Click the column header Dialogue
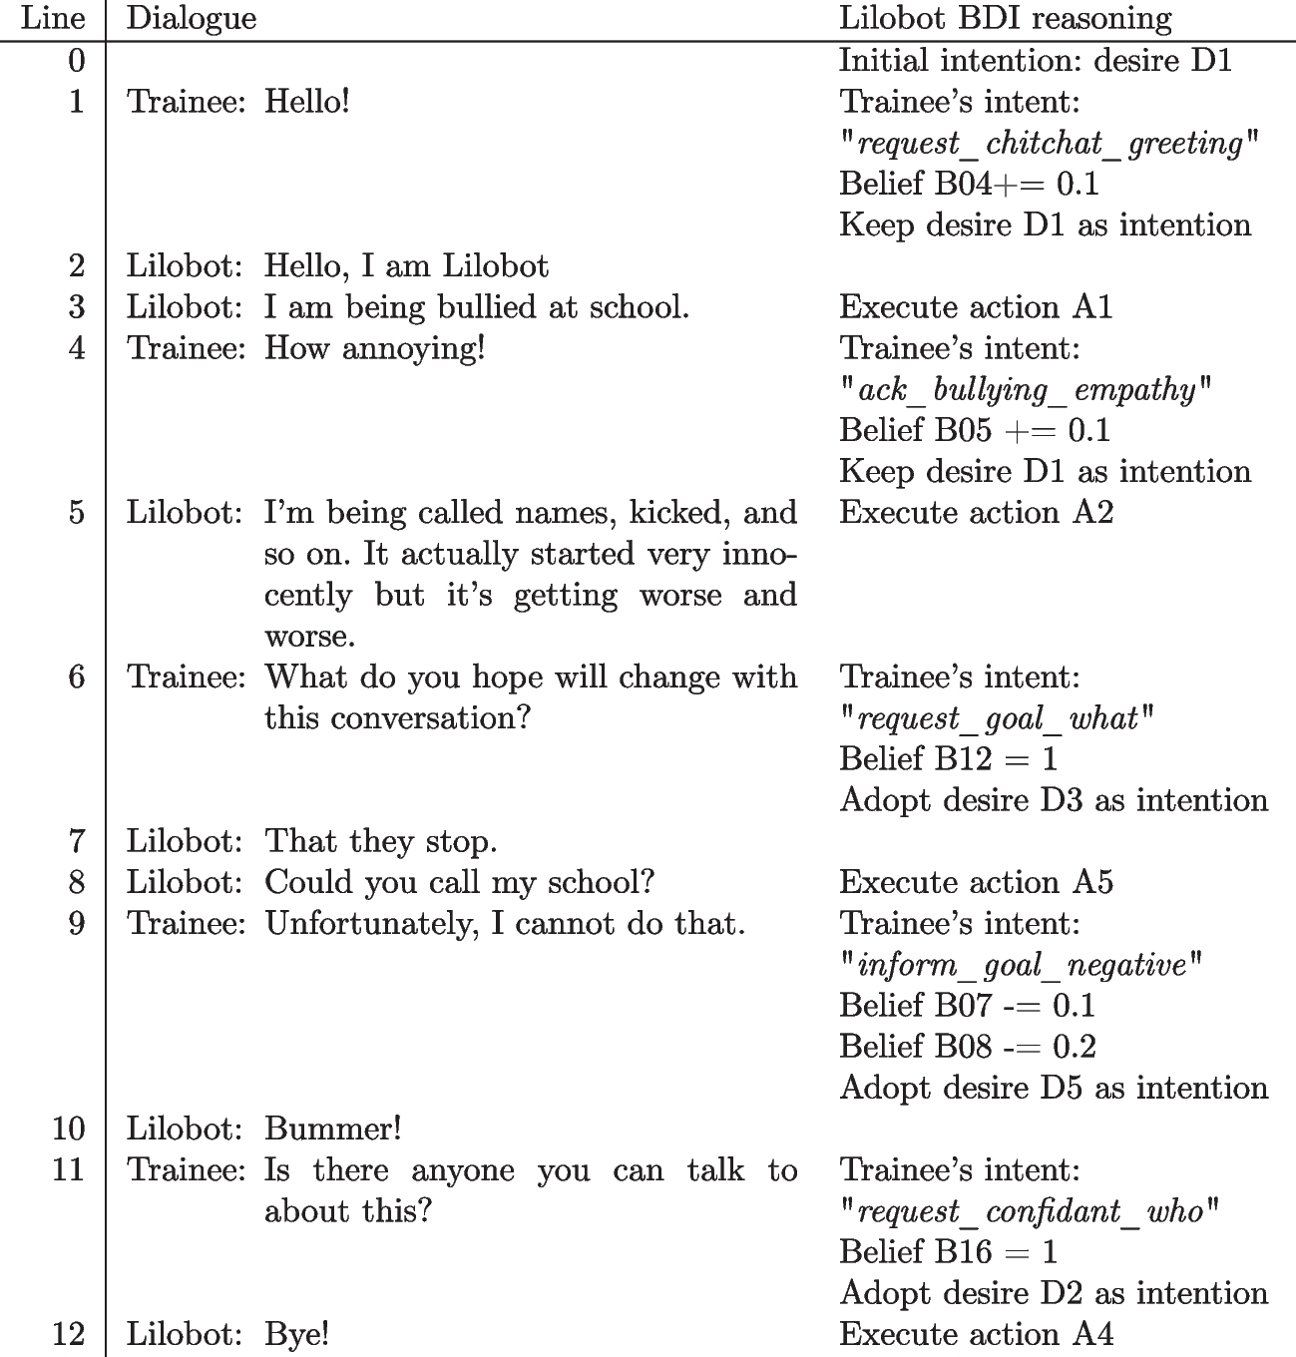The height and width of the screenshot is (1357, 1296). [192, 18]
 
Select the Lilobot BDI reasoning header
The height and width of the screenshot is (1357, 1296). [1005, 18]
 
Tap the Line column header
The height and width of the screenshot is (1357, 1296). [52, 18]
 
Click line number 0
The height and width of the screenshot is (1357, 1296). [77, 61]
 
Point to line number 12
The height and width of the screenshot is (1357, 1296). [68, 1334]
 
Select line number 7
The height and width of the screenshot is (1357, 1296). [77, 841]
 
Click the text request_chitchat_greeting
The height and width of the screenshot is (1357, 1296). [1050, 144]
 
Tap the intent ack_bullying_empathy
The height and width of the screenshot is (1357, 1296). [1026, 390]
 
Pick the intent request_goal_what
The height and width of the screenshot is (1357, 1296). [997, 718]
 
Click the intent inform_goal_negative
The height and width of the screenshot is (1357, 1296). [1022, 965]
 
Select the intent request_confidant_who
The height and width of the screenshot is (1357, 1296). [1030, 1211]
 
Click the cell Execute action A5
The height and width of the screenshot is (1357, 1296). [976, 882]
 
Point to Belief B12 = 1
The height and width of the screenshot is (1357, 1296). [948, 759]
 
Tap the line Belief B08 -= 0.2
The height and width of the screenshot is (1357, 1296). [967, 1047]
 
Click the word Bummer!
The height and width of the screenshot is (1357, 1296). [333, 1129]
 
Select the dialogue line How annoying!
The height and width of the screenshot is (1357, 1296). [374, 348]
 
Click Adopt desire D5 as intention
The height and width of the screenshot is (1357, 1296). [1054, 1088]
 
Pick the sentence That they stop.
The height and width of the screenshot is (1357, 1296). [380, 841]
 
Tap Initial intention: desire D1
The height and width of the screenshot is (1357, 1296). [1036, 61]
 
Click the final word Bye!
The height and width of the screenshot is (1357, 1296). [296, 1334]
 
